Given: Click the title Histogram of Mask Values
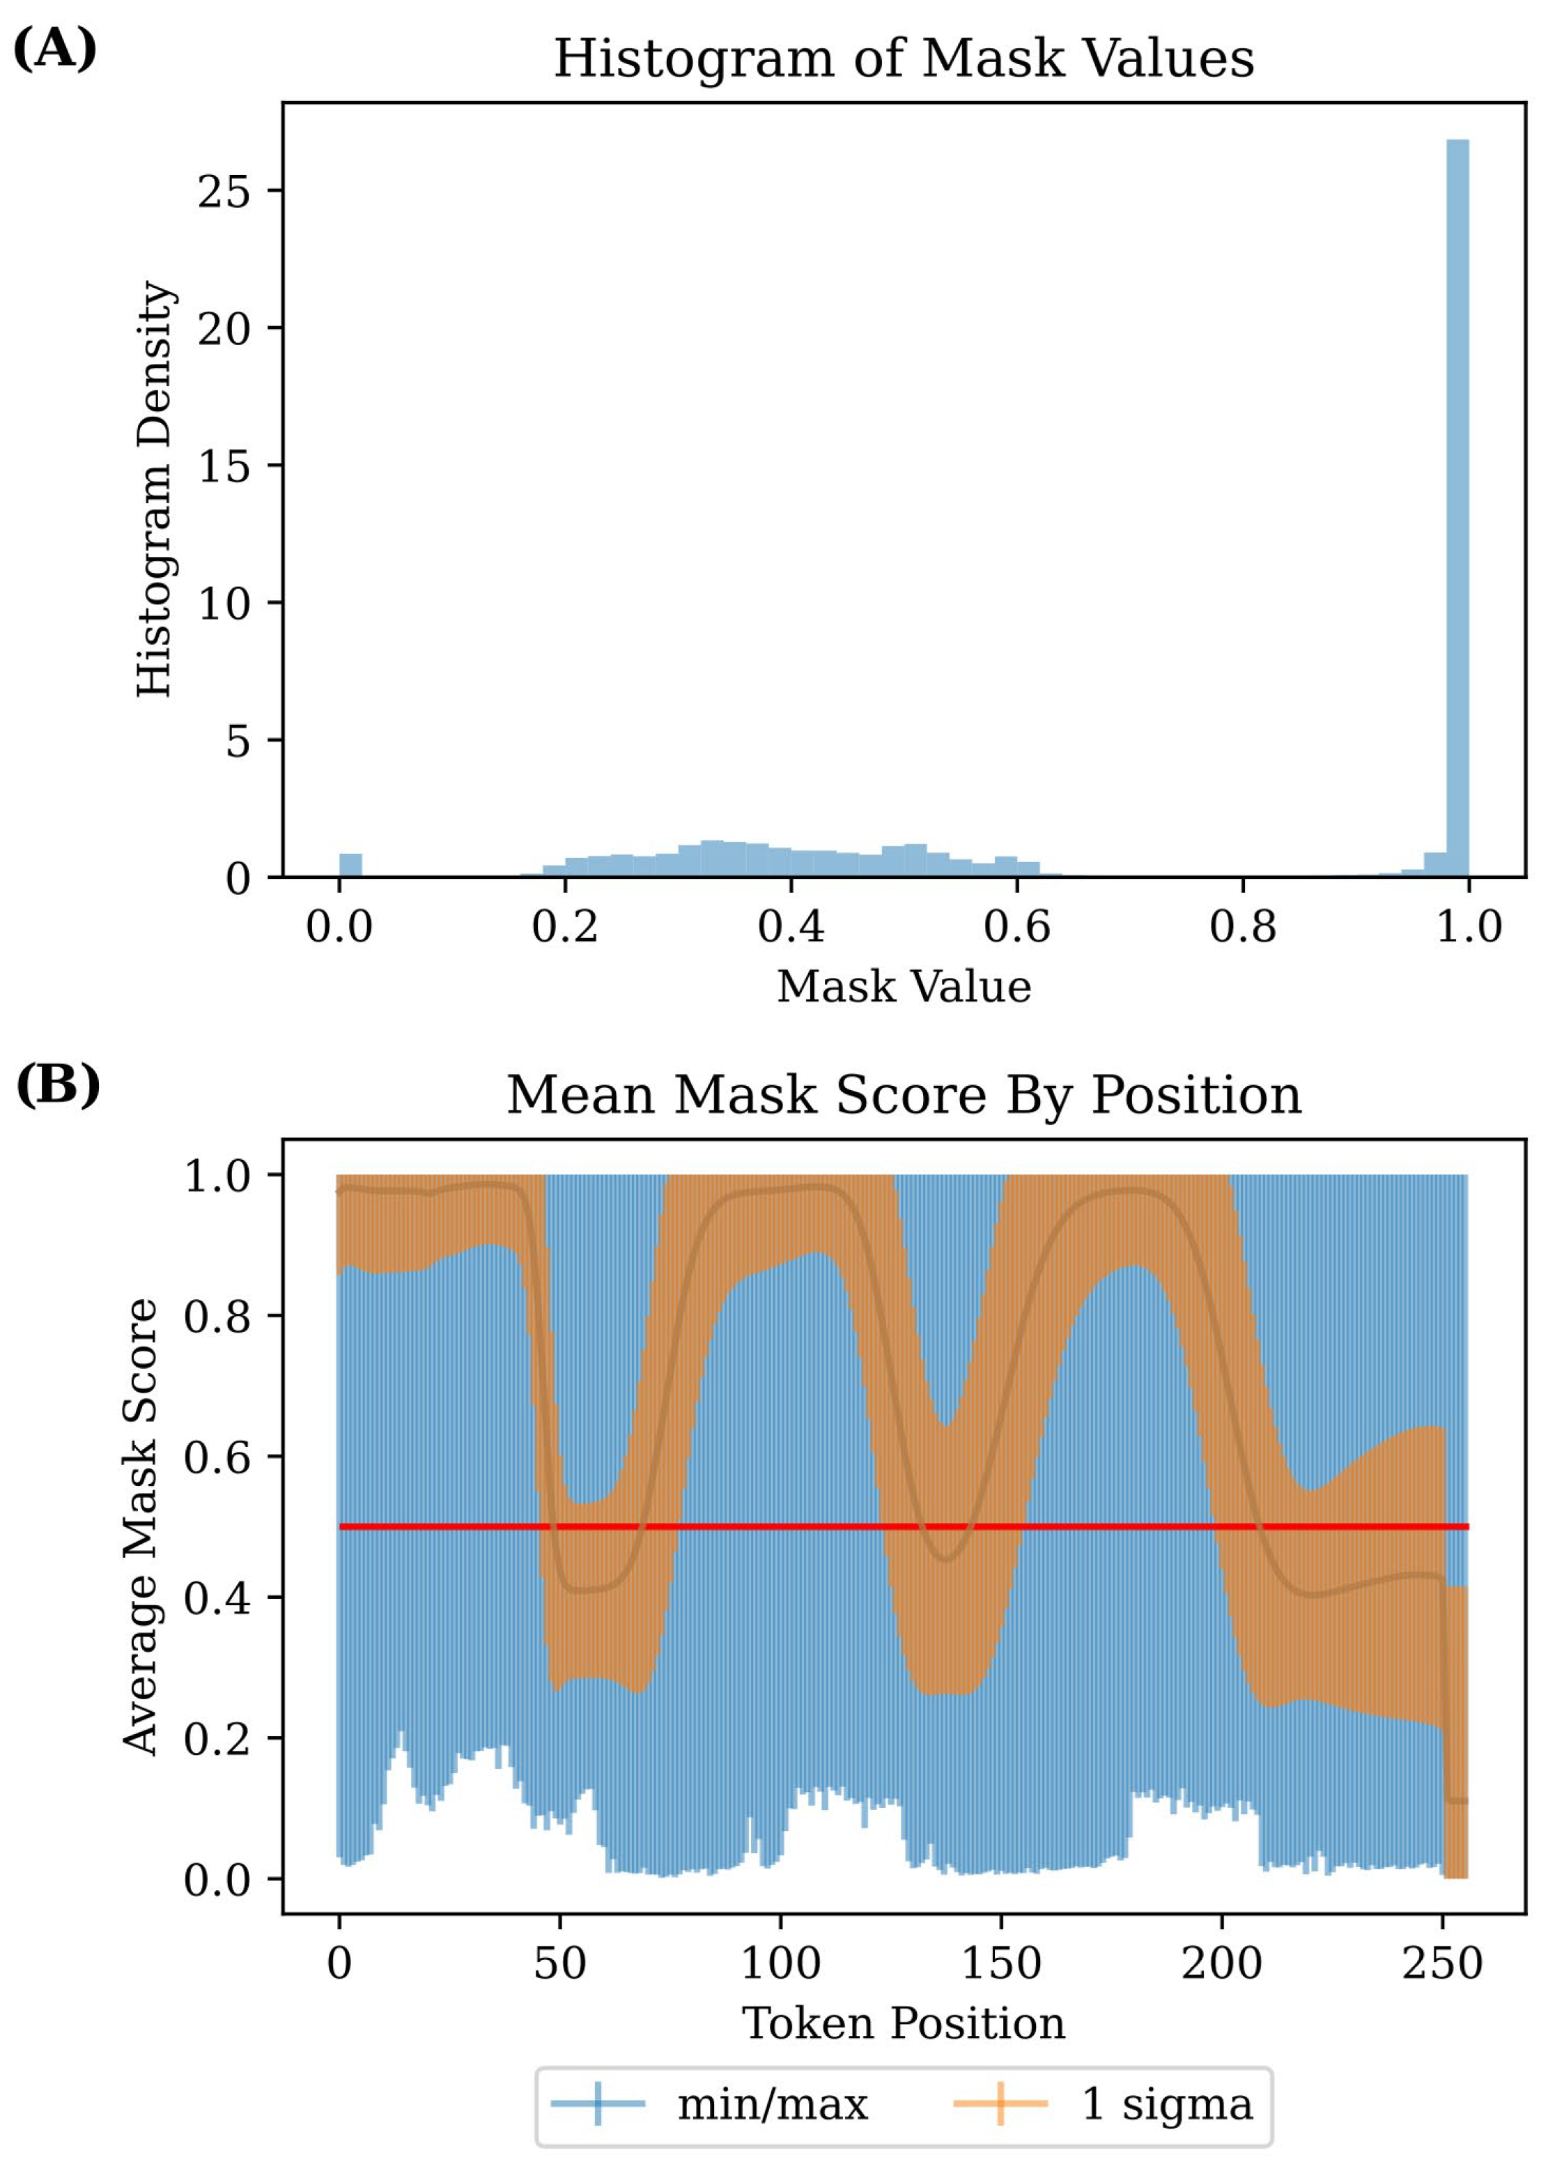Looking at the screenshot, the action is [x=904, y=59].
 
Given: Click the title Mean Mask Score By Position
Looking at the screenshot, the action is [x=904, y=1094].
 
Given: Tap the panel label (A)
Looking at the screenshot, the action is [x=54, y=47].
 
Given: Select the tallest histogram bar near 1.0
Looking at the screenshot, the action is [x=1457, y=508].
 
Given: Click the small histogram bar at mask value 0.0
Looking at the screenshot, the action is [x=351, y=865].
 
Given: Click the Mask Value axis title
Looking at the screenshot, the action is [x=904, y=986].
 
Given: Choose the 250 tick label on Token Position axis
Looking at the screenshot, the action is [x=1442, y=1963].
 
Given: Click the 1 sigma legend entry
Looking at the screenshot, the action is [x=1103, y=2104].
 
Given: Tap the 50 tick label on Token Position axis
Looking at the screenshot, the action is [x=559, y=1963].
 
